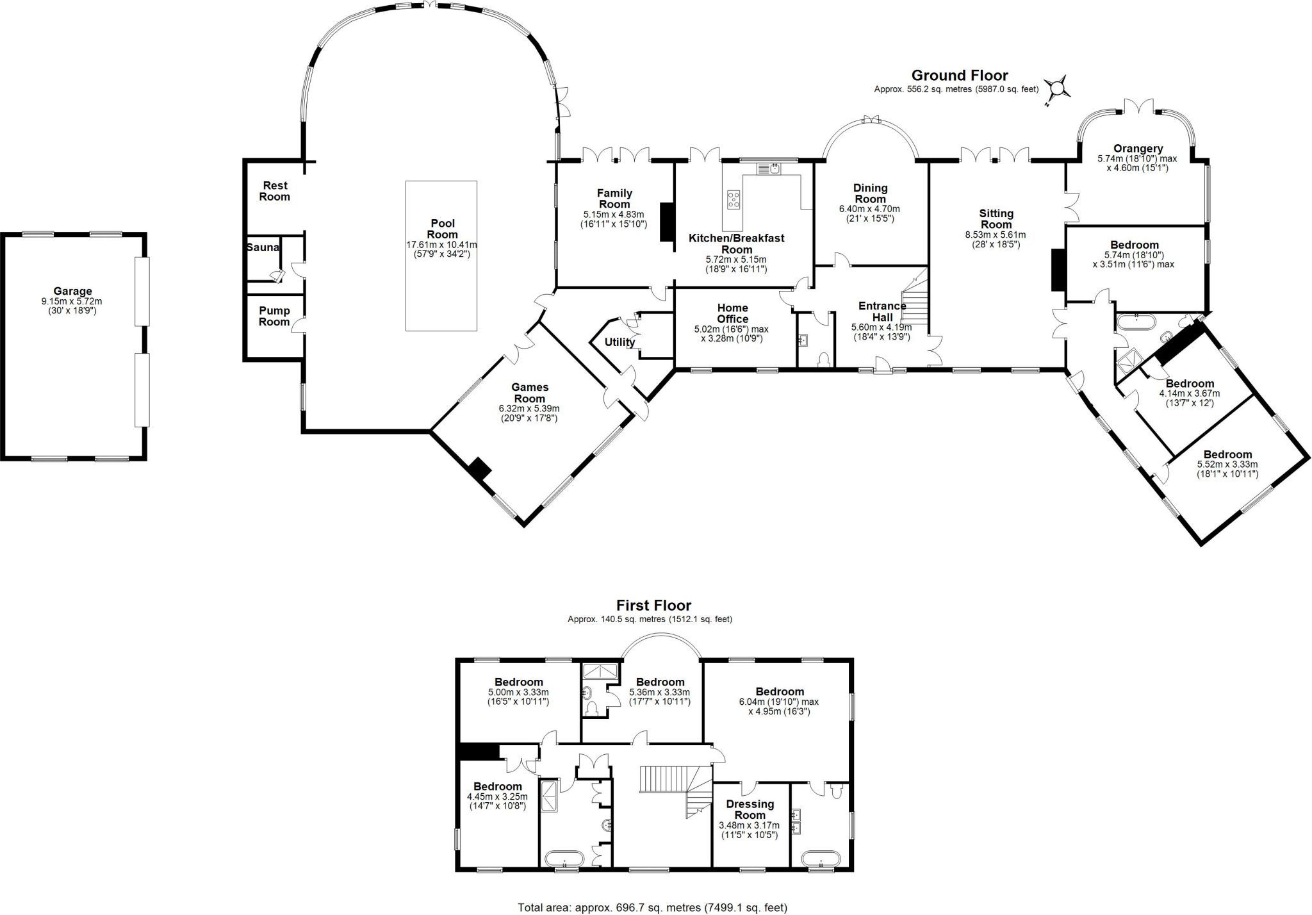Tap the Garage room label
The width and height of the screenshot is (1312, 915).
click(73, 291)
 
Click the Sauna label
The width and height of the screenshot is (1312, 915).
click(263, 247)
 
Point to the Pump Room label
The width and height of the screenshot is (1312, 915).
click(274, 317)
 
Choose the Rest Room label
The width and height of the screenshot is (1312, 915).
click(275, 191)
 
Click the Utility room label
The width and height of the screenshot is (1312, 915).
click(619, 342)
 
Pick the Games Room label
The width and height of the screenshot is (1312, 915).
click(530, 393)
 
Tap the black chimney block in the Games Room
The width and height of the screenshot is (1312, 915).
click(479, 468)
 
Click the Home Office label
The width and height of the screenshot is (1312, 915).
click(732, 313)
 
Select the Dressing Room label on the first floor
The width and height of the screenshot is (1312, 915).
click(750, 809)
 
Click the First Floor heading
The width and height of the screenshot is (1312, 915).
click(653, 605)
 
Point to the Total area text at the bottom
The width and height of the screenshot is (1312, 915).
click(652, 907)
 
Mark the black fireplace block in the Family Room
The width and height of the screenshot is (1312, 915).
click(666, 222)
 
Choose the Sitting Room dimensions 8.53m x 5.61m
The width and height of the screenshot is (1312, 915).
click(996, 235)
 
